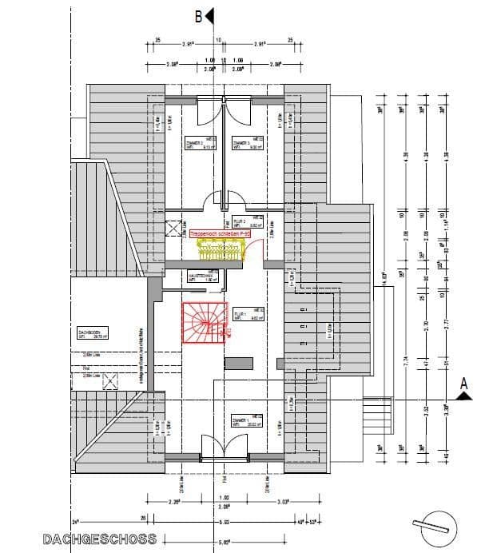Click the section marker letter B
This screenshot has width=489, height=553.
(198, 14)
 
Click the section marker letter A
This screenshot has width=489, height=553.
(462, 384)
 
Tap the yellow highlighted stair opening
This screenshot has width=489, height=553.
(220, 251)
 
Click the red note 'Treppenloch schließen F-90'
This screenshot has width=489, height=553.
(221, 234)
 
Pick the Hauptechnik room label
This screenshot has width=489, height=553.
(198, 277)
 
